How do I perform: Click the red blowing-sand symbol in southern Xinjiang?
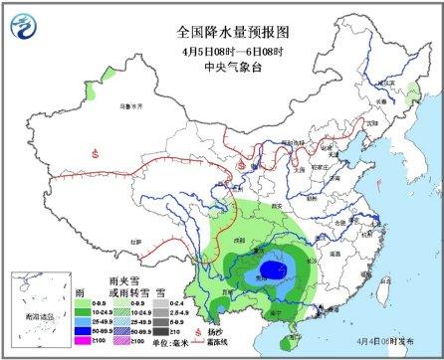(95, 152)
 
